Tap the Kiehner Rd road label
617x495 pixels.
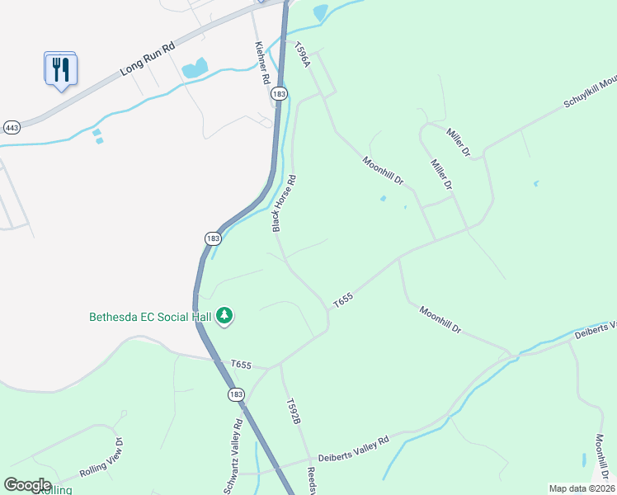(x=263, y=63)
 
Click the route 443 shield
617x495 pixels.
(x=12, y=128)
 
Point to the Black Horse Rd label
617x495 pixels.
(x=284, y=203)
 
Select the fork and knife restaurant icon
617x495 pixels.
(x=59, y=69)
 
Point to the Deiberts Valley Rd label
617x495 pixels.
(x=354, y=450)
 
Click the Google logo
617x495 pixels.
(x=27, y=485)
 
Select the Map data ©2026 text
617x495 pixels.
(x=582, y=488)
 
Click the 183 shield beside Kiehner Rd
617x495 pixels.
(x=280, y=96)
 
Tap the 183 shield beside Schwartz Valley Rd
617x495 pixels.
(x=237, y=395)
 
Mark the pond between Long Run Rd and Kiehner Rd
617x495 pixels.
(x=195, y=68)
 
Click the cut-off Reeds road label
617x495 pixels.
(x=313, y=480)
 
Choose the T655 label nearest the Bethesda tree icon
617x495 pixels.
(x=241, y=364)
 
